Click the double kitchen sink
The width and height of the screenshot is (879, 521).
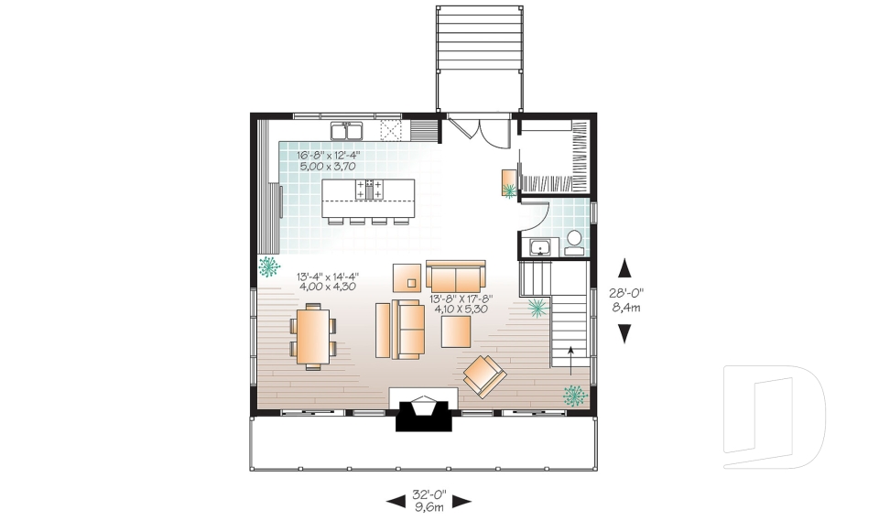[x=346, y=131]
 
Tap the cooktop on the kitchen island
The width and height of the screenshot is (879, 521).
[x=369, y=189]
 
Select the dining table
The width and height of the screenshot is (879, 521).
[x=313, y=336]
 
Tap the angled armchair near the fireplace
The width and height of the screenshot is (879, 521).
[x=485, y=376]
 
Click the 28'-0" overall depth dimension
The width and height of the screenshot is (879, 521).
[x=626, y=292]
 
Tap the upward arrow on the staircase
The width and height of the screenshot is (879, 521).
[x=570, y=360]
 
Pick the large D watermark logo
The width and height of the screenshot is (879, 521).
[x=775, y=417]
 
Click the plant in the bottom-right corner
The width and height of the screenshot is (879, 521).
[x=575, y=396]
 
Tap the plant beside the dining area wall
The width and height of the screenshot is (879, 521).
[x=268, y=266]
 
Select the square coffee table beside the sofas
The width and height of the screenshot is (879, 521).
[x=456, y=332]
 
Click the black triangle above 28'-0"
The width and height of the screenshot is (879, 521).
[x=624, y=268]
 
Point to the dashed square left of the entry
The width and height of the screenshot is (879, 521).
[x=391, y=130]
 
